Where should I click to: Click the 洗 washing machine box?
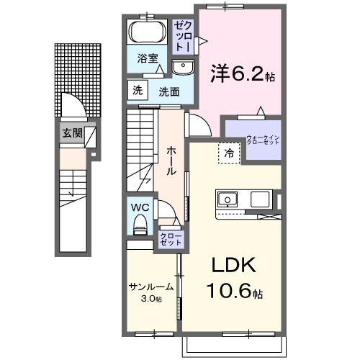click(137, 90)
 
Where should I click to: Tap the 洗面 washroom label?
click(170, 91)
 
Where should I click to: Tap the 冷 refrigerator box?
click(228, 153)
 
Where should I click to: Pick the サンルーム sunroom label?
click(151, 287)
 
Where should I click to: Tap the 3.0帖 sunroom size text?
click(151, 298)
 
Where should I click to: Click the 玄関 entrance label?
click(71, 133)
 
